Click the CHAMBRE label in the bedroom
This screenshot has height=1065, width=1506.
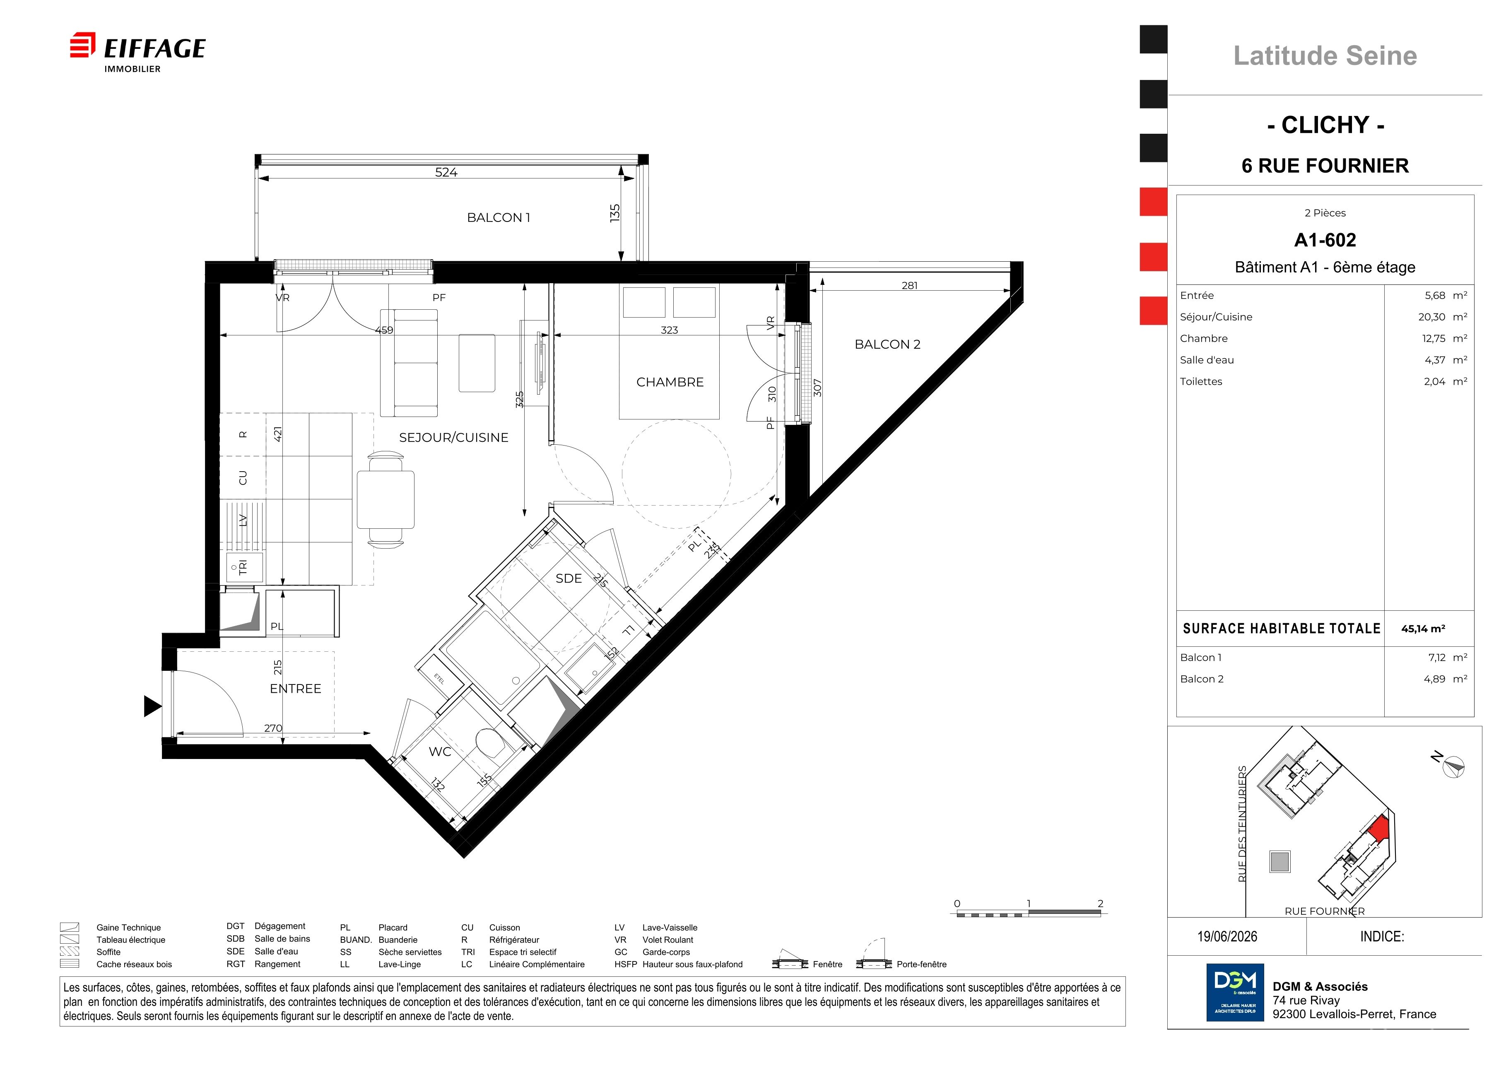670,382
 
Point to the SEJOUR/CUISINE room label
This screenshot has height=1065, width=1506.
454,437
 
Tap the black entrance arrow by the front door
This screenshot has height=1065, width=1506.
153,706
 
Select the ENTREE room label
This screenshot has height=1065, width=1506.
296,689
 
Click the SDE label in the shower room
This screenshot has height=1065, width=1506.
569,578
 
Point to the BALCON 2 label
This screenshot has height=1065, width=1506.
887,344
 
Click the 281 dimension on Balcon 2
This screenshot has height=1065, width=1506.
910,285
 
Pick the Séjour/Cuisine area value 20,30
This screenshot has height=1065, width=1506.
1432,317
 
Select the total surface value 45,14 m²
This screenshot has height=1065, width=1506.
1423,628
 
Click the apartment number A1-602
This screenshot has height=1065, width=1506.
1325,240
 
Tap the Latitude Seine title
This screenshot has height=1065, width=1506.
1325,56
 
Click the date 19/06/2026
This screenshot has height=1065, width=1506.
1227,937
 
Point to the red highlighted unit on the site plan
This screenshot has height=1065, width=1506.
1380,828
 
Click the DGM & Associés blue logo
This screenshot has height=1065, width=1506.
1235,992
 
